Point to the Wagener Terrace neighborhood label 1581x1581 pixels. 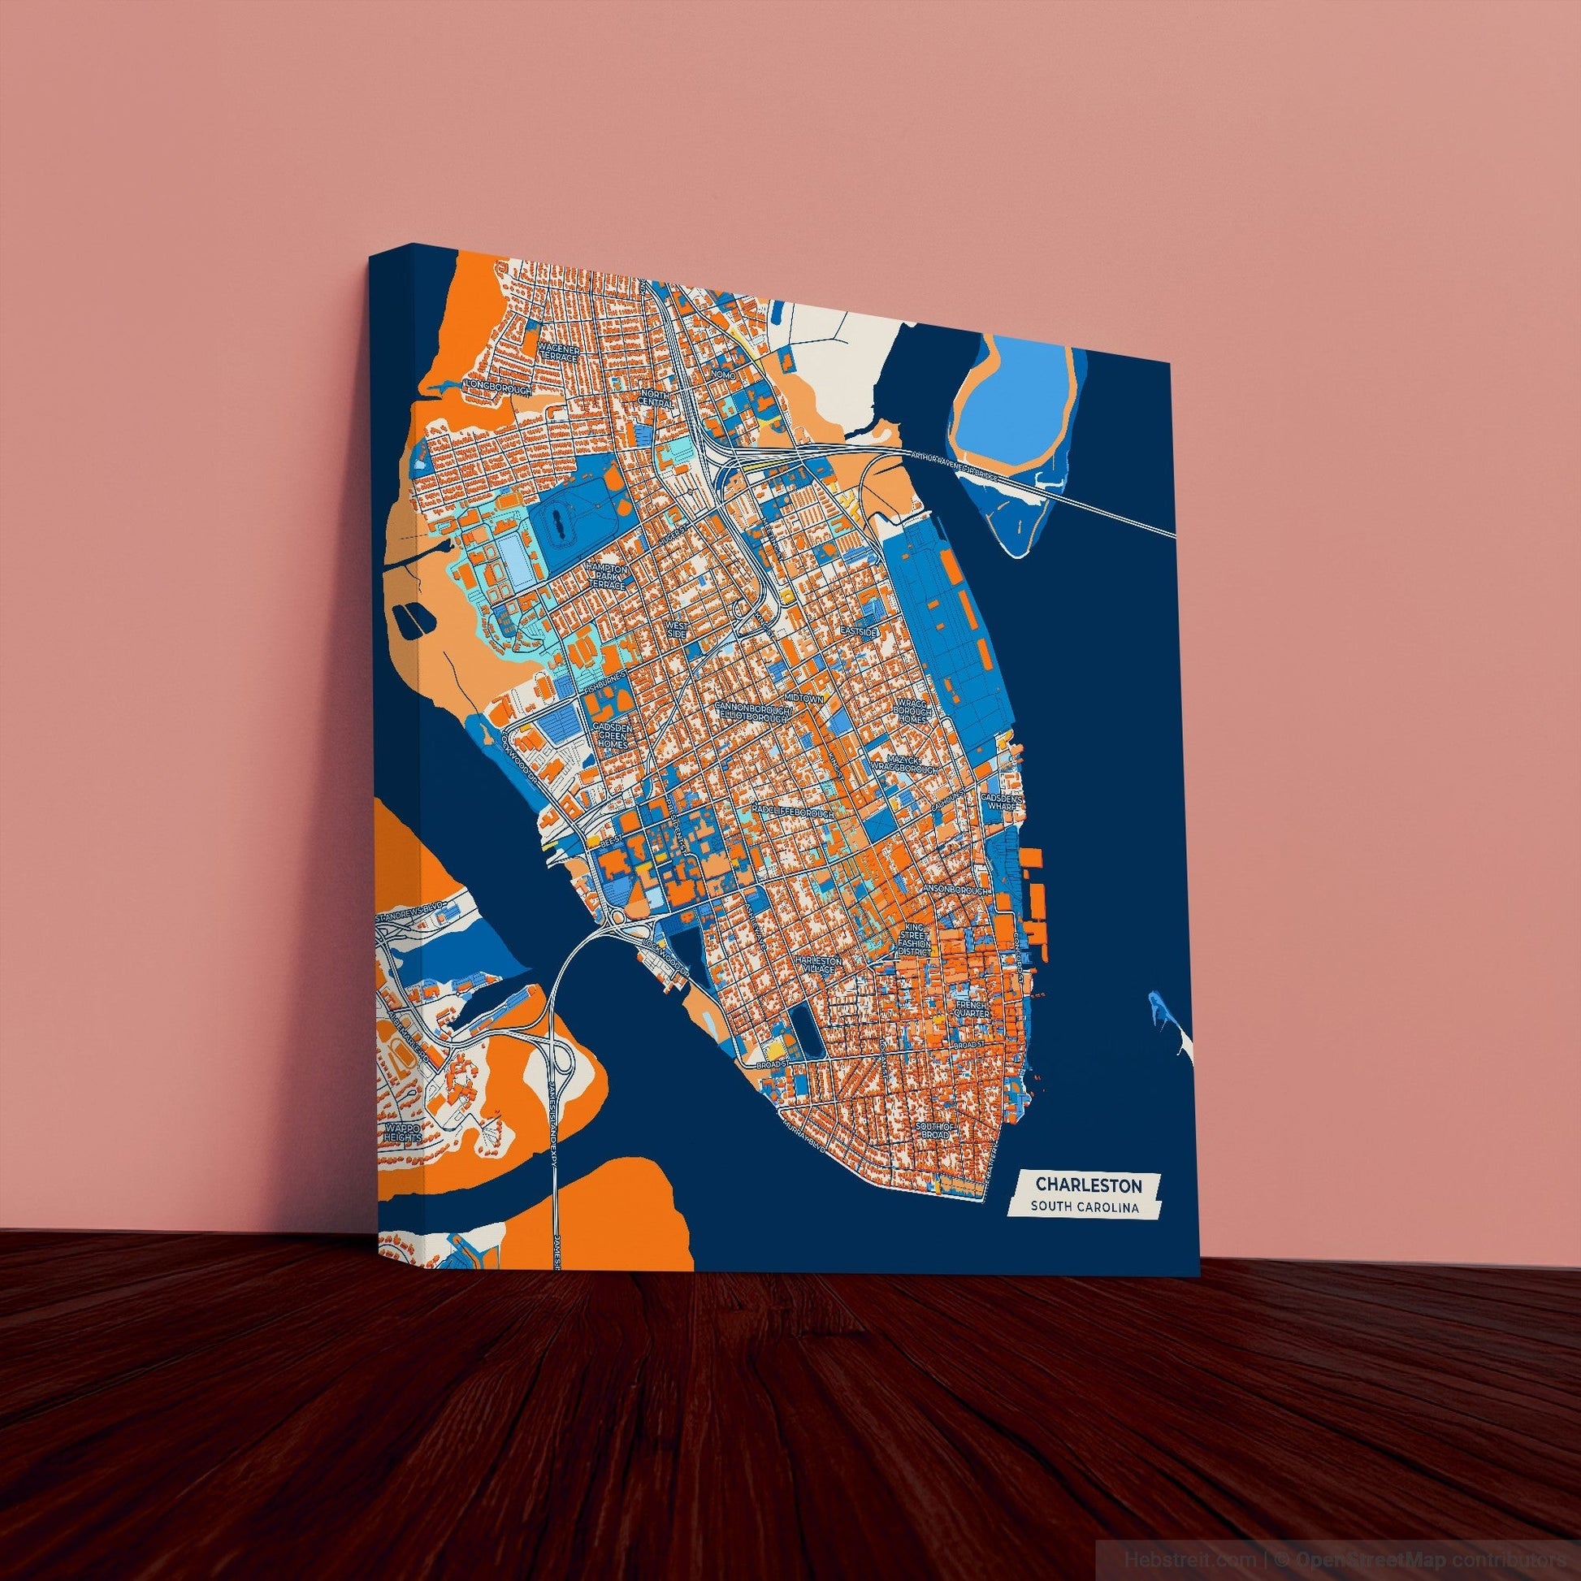point(559,355)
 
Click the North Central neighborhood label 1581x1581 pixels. point(656,399)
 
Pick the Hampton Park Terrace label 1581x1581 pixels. point(606,576)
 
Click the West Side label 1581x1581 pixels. point(677,629)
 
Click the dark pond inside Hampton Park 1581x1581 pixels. point(558,522)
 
